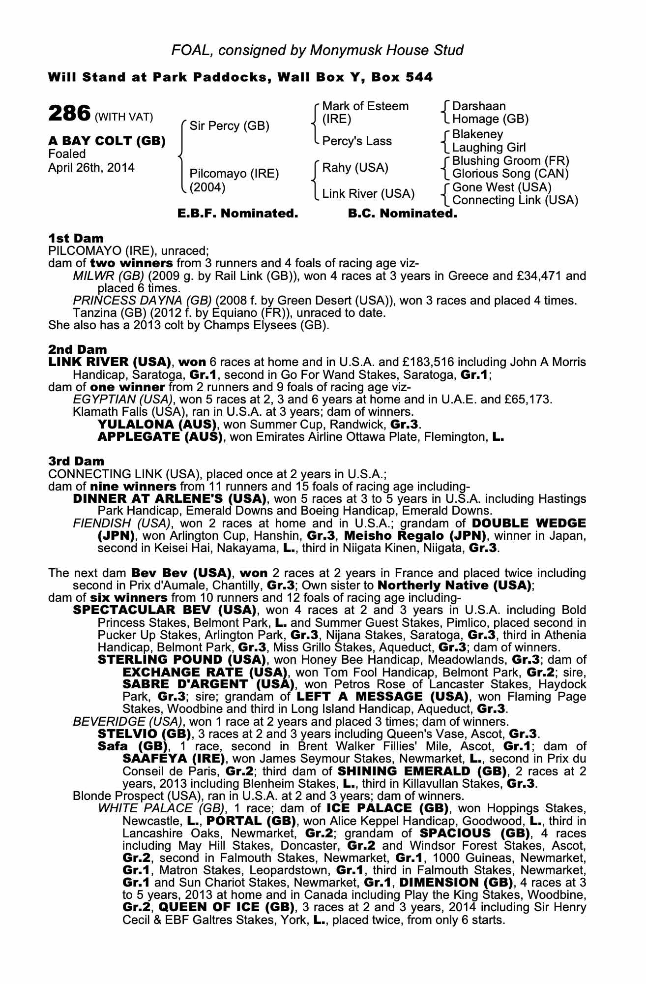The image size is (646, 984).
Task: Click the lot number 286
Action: tap(69, 114)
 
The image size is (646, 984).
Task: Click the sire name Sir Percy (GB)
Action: tap(229, 126)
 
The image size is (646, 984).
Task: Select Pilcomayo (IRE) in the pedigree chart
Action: tap(234, 174)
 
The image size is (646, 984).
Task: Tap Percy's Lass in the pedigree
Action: tap(357, 141)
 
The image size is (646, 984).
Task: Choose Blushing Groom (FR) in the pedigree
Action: tap(510, 161)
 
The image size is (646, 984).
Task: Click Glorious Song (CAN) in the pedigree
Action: tap(510, 174)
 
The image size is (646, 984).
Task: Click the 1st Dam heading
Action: tap(76, 239)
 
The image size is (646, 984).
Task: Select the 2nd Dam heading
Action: tap(77, 350)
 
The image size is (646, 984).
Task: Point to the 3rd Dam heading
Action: tap(76, 461)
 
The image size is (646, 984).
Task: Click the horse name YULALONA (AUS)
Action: tap(157, 424)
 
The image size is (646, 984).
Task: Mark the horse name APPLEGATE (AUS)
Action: tap(160, 437)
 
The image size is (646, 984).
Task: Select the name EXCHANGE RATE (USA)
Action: tap(205, 672)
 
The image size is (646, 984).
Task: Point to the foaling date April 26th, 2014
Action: tap(91, 168)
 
